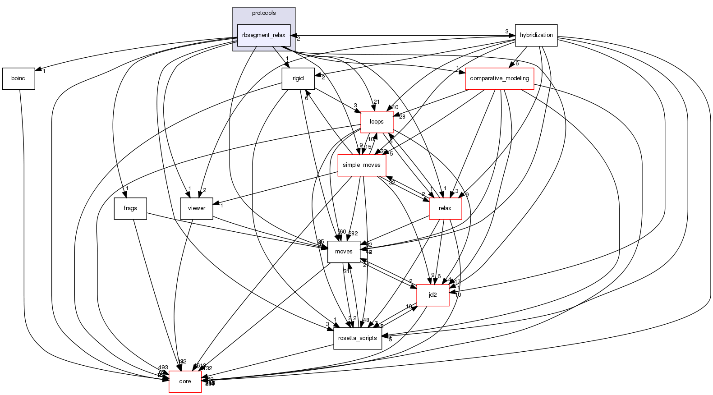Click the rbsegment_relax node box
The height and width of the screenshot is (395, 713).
point(264,35)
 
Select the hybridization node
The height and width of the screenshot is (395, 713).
point(536,35)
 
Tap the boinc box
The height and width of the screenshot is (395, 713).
point(18,78)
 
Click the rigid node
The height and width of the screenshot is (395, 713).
point(298,78)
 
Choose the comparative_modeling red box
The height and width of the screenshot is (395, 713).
point(499,78)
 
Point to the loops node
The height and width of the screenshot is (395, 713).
point(377,122)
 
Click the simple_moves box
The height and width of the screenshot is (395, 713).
point(362,165)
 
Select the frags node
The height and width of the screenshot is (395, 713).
point(130,208)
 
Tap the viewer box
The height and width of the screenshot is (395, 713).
point(196,208)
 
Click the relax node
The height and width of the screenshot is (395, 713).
point(445,208)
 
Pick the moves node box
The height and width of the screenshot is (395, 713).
point(344,252)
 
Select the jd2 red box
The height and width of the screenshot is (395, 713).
point(432,295)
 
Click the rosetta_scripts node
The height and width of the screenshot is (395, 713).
point(358,338)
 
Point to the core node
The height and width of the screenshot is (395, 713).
point(185,381)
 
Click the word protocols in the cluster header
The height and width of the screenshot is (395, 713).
point(264,13)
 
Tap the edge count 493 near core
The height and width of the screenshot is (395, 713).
point(163,367)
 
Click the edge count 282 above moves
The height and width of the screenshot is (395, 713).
point(353,233)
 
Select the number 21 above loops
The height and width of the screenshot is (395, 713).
point(377,102)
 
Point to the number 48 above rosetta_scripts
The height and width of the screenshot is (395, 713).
point(366,320)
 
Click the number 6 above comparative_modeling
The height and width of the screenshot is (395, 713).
point(517,64)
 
